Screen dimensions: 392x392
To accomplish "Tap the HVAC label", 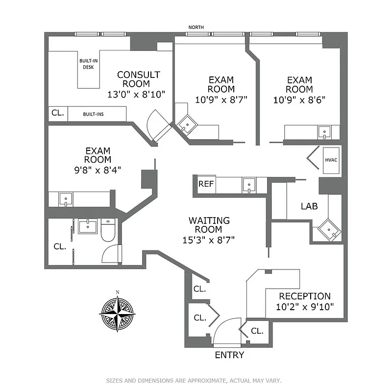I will [331, 159].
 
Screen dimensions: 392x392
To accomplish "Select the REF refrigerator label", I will [204, 184].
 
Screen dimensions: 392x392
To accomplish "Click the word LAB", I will [309, 207].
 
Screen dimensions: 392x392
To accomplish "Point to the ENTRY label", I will [229, 355].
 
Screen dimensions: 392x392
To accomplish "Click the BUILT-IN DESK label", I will [88, 64].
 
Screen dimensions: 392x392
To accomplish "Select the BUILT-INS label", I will [93, 114].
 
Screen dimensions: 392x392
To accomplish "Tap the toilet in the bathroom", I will [108, 230].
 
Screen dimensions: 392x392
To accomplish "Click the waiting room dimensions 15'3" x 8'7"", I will [209, 240].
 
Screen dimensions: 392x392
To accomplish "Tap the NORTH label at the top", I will [196, 27].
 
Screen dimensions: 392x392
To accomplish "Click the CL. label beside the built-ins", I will [57, 113].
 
